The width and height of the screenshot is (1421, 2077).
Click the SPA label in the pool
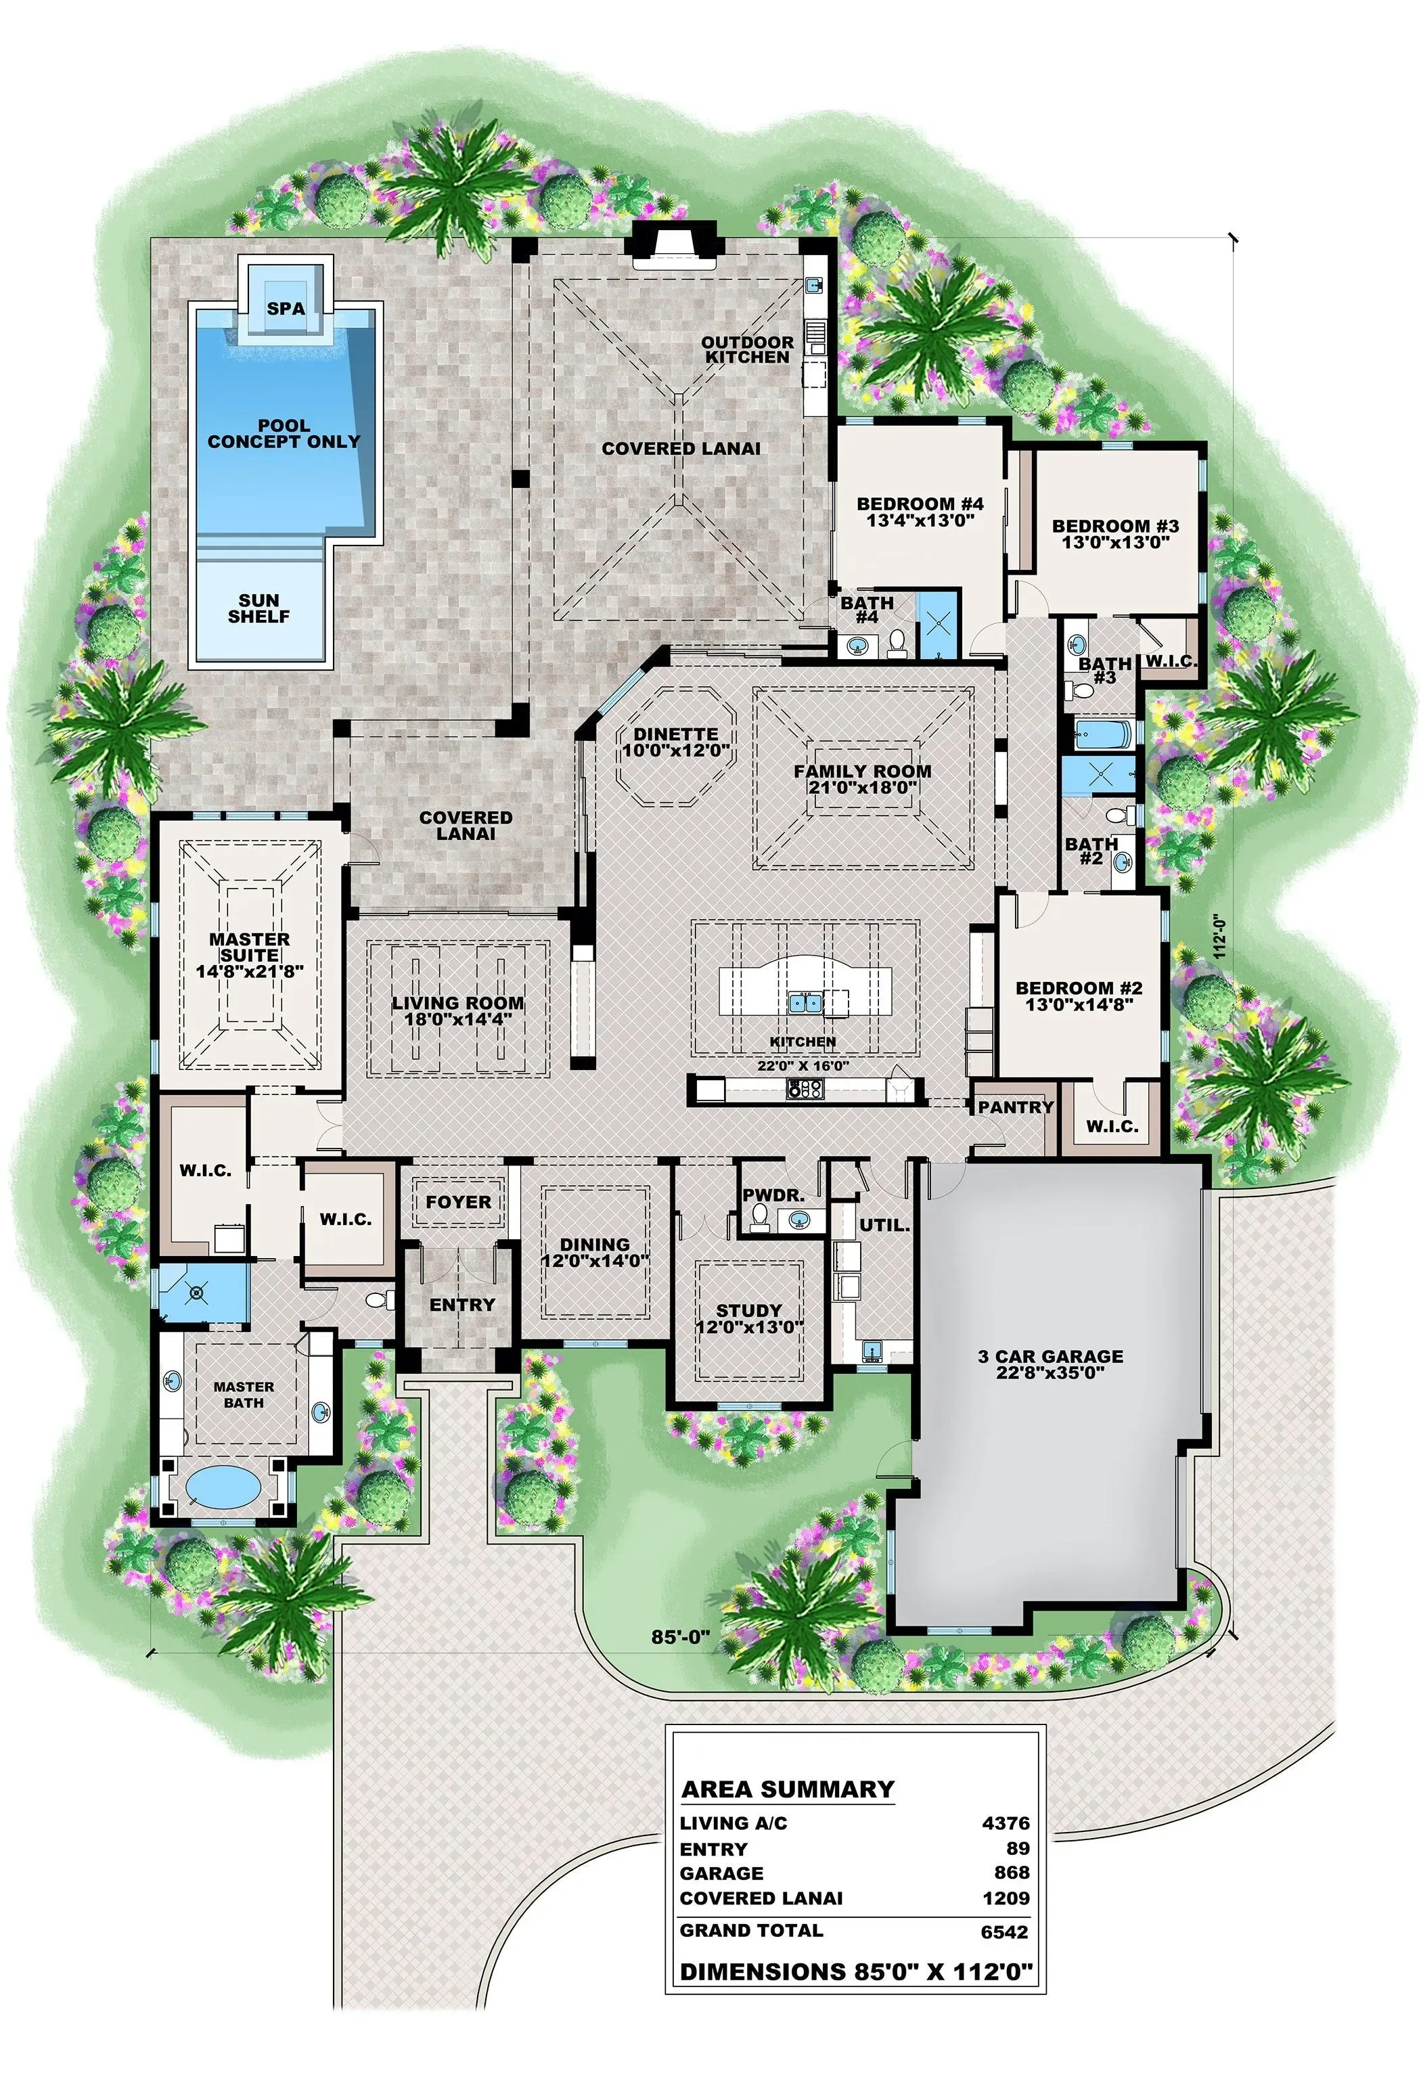286,309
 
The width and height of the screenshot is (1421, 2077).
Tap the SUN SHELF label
259,608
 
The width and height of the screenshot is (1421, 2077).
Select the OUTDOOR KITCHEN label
747,349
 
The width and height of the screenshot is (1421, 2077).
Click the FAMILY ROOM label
863,770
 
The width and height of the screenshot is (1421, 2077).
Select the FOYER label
459,1201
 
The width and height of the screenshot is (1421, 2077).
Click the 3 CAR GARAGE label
1050,1356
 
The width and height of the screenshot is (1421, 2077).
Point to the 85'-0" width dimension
680,1636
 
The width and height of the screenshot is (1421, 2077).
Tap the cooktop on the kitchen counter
805,1088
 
